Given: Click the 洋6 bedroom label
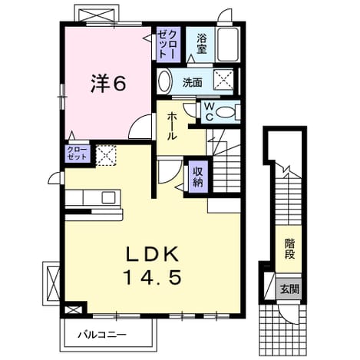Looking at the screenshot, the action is (108, 83).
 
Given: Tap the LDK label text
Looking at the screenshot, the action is (153, 253).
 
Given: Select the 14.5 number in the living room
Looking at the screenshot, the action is (153, 277).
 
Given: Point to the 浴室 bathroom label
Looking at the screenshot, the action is (201, 45).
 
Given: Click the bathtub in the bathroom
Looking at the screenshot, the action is (228, 44).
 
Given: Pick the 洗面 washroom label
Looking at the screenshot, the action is (192, 82).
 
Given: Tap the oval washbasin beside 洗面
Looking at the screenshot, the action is (165, 82).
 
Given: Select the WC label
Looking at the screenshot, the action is (210, 111).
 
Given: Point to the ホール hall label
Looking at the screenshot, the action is (172, 127).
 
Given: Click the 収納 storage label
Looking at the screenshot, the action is (198, 177).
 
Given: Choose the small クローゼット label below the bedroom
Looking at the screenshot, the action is (78, 154).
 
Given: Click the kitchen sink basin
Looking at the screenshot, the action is (108, 197).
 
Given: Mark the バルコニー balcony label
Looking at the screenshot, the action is (102, 335).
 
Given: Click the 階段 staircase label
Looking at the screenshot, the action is (289, 249).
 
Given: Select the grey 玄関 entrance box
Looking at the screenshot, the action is (289, 289).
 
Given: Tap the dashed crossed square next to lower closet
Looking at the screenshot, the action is (106, 155).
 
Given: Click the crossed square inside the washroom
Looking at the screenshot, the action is (223, 79).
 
